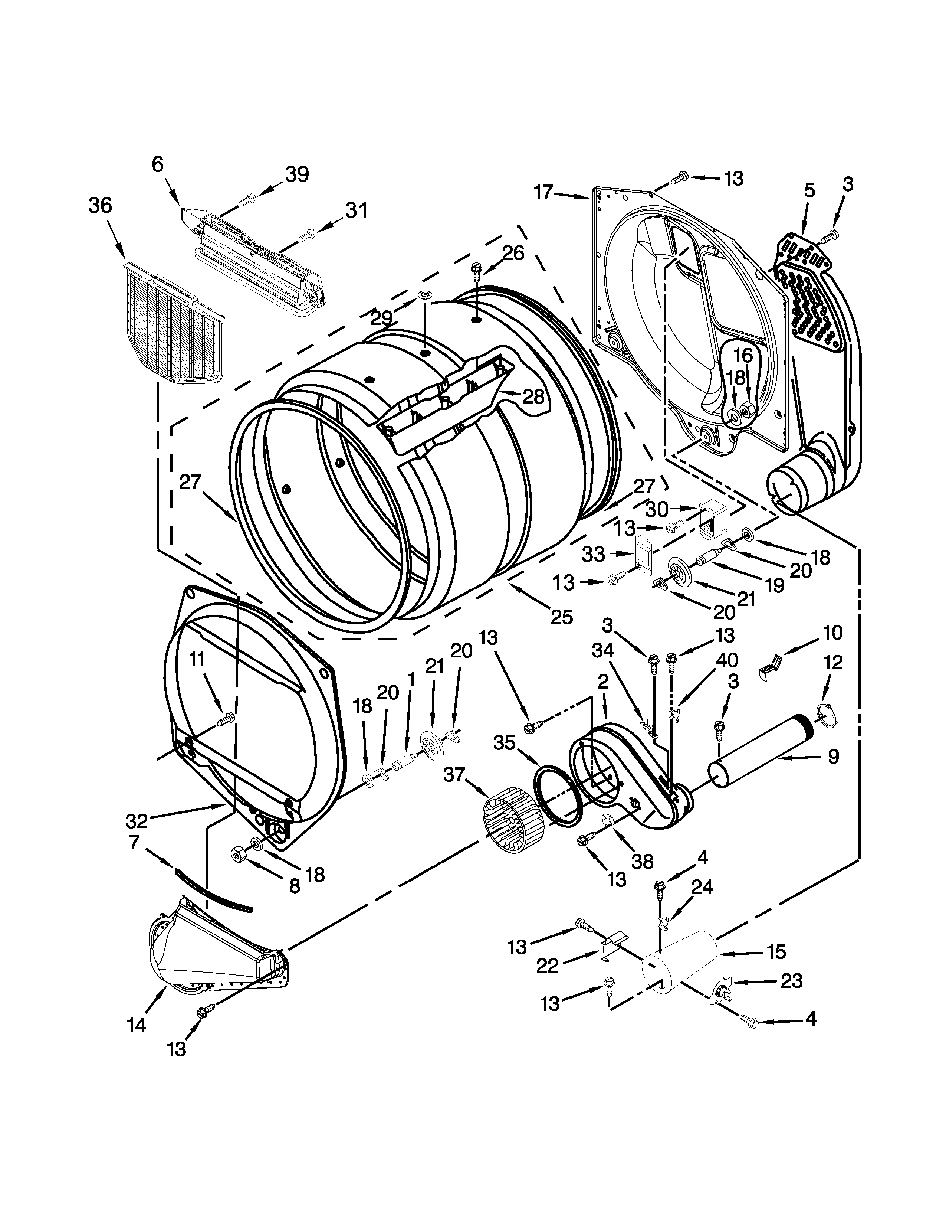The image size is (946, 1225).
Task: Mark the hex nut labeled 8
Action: [237, 854]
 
